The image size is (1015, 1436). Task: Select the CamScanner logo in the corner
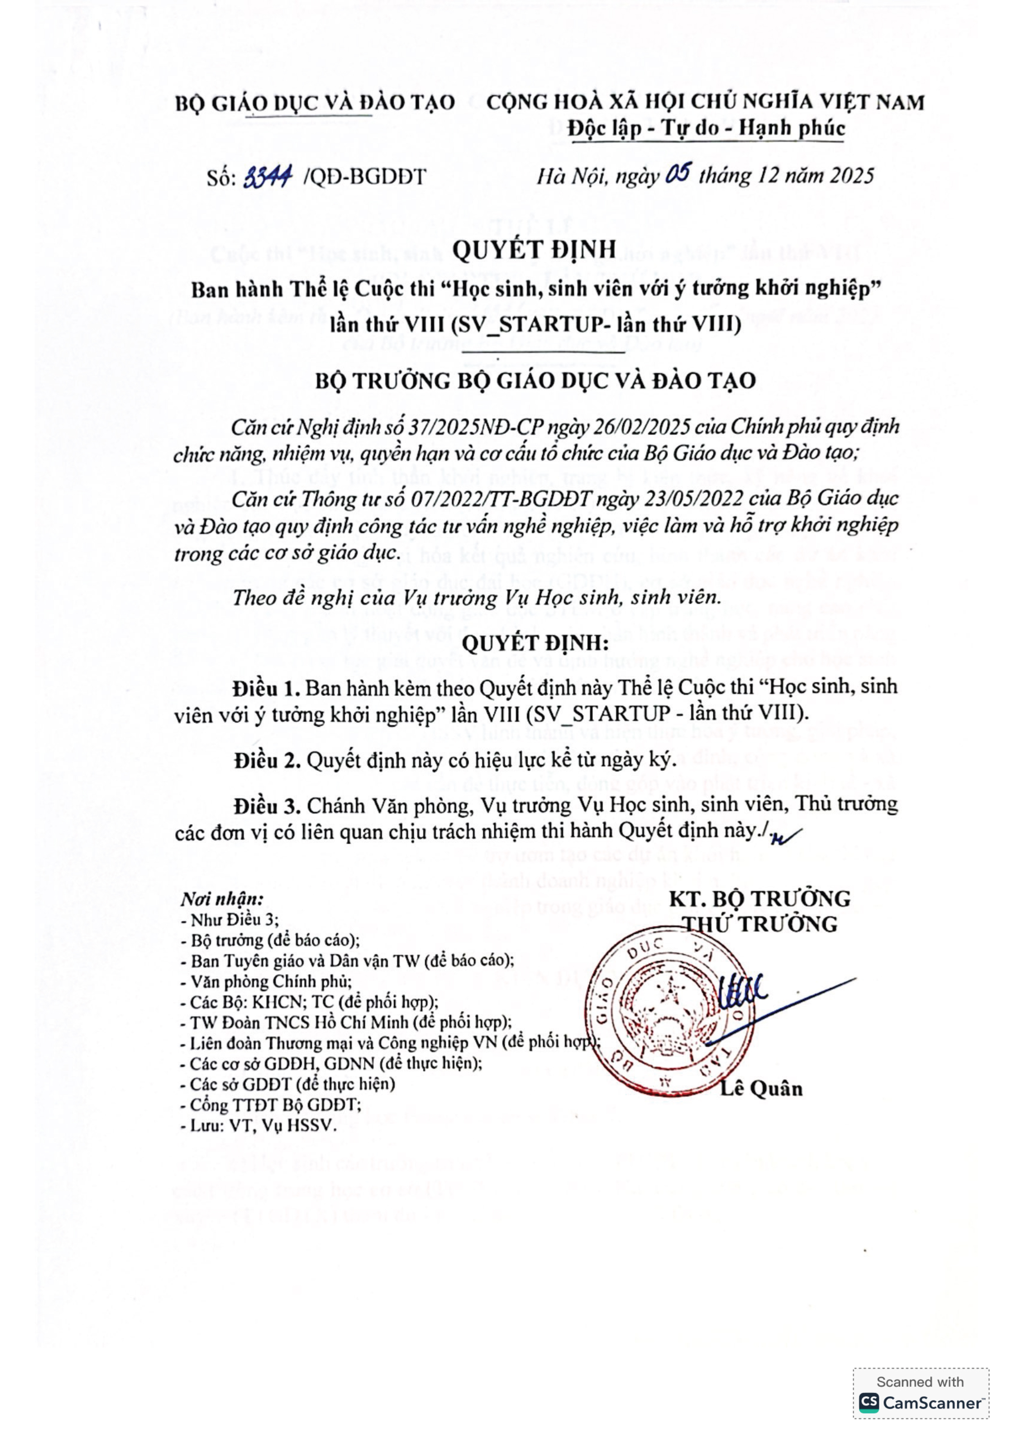pyautogui.click(x=920, y=1403)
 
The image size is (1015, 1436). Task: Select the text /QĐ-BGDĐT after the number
pyautogui.click(x=364, y=177)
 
